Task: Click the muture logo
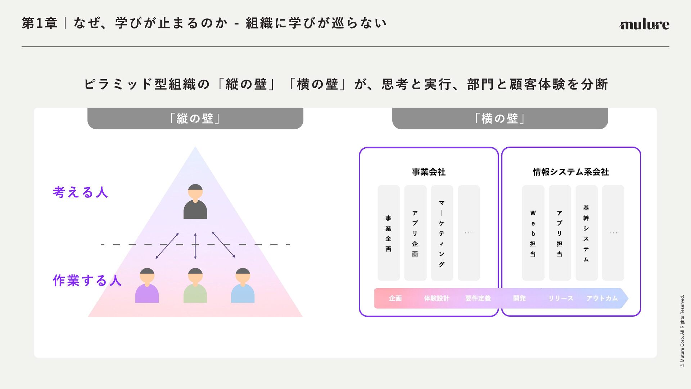coord(644,24)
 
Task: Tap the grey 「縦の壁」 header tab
coord(195,118)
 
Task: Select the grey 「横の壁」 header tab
coord(500,118)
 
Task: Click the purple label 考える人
coord(80,192)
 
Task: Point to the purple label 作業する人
coord(87,280)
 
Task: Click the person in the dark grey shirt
coord(195,201)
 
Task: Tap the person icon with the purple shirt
coord(147,285)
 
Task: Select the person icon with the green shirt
coord(195,285)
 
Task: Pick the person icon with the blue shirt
coord(243,285)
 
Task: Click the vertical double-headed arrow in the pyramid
coord(195,246)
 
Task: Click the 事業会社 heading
coord(429,172)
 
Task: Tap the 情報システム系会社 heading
coord(571,172)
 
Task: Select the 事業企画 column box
coord(388,233)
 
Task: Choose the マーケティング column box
coord(442,233)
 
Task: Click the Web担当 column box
coord(533,233)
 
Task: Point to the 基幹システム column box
coord(586,233)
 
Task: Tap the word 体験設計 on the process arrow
coord(437,298)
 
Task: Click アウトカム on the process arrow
coord(602,298)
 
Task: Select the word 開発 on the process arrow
coord(519,298)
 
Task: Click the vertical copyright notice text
coord(682,331)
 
